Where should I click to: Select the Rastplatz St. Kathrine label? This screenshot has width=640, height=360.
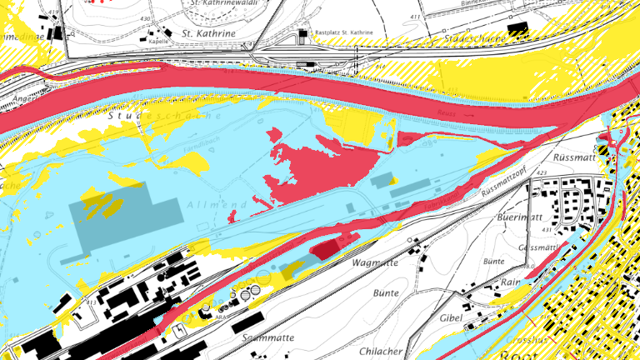click(x=343, y=32)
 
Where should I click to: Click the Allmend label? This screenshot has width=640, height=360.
click(x=208, y=204)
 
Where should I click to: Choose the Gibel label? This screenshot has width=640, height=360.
click(x=451, y=317)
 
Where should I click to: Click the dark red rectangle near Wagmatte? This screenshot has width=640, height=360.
click(x=327, y=247)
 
